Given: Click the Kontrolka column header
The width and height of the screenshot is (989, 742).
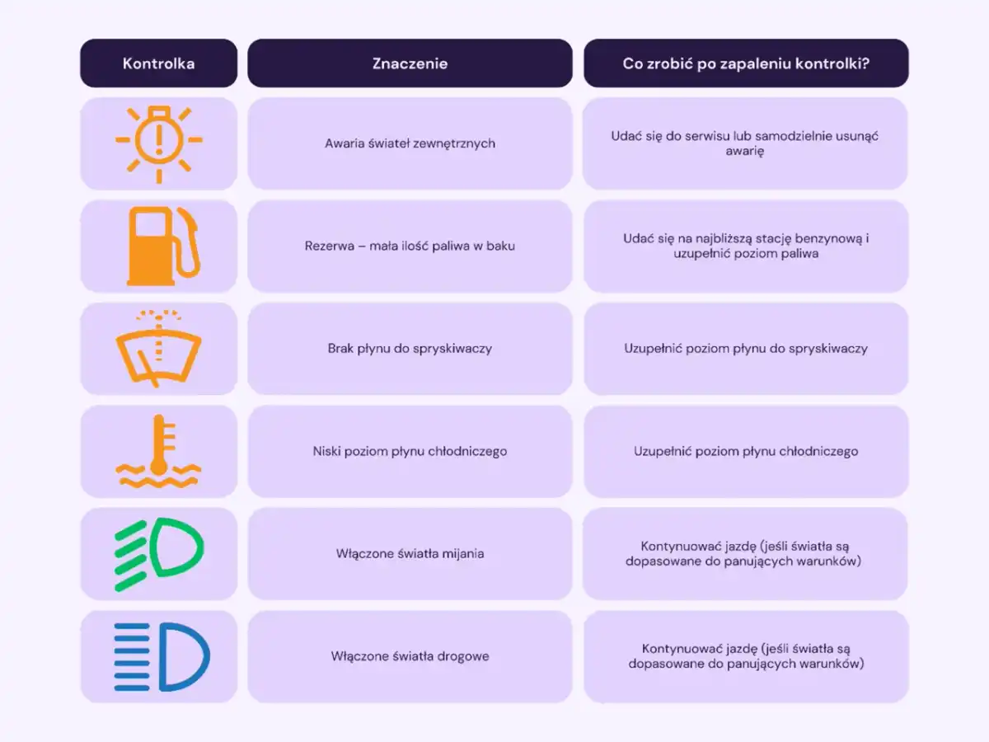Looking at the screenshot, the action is tap(158, 63).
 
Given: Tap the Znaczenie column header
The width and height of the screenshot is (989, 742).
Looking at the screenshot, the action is tap(410, 63).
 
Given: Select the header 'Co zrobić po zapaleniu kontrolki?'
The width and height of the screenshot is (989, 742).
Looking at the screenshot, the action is tap(746, 63).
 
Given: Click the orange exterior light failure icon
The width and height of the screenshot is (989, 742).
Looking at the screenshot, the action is tap(159, 144).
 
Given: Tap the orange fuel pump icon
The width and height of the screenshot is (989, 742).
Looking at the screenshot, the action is tap(163, 246).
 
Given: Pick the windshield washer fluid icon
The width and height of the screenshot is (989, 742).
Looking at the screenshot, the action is tap(158, 348).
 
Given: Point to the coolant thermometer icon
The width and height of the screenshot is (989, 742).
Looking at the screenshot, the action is tap(158, 451).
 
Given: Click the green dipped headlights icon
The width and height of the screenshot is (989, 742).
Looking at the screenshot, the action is tap(159, 554).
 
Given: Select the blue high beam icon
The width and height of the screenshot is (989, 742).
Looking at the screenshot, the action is tap(162, 657).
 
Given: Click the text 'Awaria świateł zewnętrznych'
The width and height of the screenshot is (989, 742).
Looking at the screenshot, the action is tap(410, 143).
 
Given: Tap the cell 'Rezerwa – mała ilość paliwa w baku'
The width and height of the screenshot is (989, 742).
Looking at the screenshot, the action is tap(410, 246).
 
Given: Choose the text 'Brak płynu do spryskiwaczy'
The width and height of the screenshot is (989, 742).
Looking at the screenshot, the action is tap(410, 349).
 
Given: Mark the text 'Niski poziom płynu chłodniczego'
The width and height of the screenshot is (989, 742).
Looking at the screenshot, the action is tap(410, 451).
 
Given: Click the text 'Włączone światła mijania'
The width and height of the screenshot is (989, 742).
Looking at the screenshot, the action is tap(410, 554).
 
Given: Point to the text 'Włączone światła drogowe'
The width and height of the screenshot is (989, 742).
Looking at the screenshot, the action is tap(410, 656).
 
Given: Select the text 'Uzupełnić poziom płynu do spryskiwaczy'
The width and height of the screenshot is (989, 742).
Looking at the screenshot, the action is tap(746, 349).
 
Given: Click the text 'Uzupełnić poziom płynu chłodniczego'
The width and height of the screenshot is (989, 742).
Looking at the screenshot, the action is tap(746, 451).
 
